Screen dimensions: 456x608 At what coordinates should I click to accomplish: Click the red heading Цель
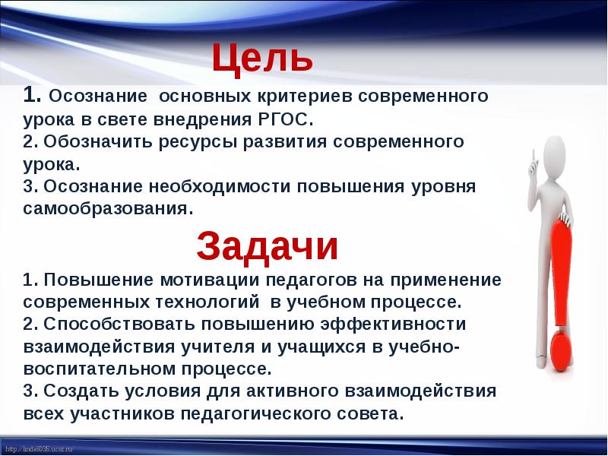(x=261, y=57)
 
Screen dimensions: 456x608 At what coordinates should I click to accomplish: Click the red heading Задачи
(x=267, y=246)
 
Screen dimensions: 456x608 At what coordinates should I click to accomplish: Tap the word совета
(x=366, y=414)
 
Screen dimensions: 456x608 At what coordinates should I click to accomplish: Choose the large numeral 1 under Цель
(x=30, y=97)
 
